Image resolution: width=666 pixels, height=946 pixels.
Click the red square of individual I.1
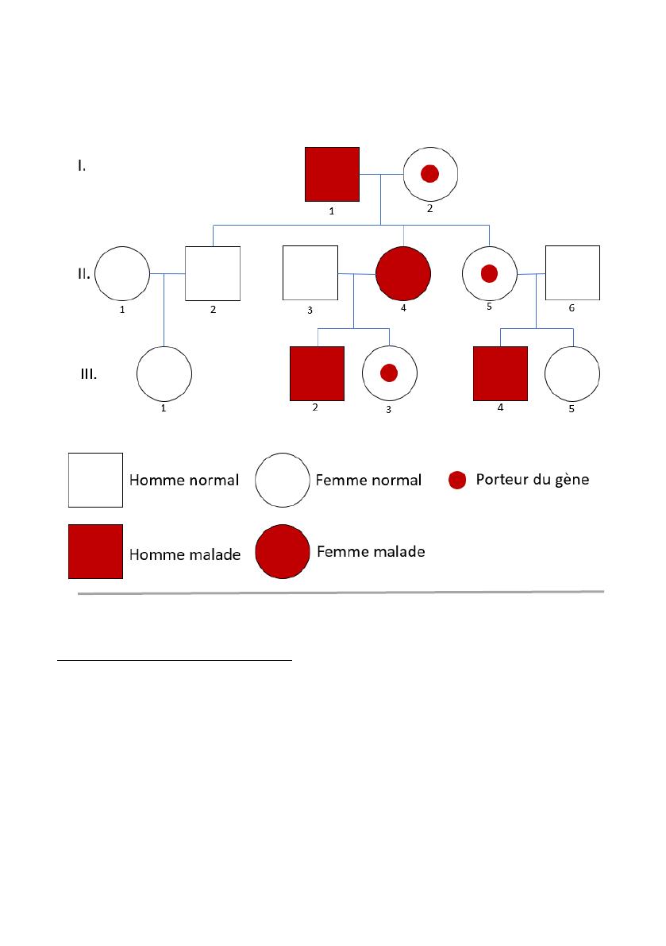tap(332, 175)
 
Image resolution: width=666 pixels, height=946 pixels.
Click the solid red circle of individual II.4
tap(403, 273)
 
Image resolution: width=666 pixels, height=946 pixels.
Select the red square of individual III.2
tap(317, 373)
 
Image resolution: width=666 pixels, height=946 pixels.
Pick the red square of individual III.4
tap(500, 373)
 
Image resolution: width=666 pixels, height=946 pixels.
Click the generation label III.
tap(89, 374)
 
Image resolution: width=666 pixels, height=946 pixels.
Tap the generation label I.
tap(82, 166)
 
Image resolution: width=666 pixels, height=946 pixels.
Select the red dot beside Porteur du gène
tap(457, 481)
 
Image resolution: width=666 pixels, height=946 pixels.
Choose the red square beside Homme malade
tap(95, 551)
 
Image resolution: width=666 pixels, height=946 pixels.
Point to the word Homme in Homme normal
tap(151, 481)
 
